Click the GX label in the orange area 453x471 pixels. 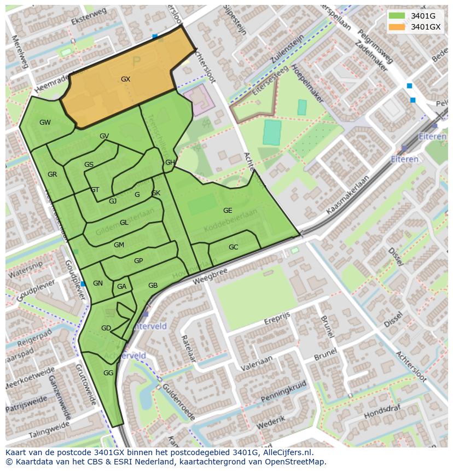(x=125, y=79)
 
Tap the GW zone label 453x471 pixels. (x=45, y=123)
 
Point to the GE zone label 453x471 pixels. (x=228, y=211)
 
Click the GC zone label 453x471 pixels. (x=233, y=247)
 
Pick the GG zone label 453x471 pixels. (x=108, y=373)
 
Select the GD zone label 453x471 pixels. (x=106, y=328)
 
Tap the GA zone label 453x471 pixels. (x=121, y=287)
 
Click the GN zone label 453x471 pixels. (x=98, y=283)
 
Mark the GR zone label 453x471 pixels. (x=52, y=175)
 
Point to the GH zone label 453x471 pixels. (x=170, y=162)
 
